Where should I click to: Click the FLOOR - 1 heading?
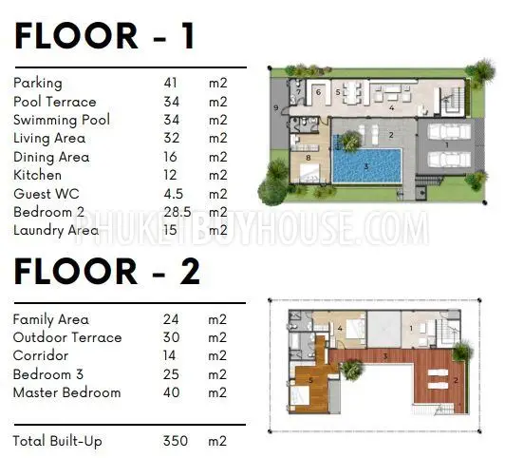pyautogui.click(x=104, y=35)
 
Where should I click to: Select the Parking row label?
pyautogui.click(x=38, y=84)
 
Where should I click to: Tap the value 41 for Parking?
pyautogui.click(x=170, y=83)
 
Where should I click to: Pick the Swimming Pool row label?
pyautogui.click(x=62, y=120)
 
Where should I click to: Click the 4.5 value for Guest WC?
pyautogui.click(x=174, y=194)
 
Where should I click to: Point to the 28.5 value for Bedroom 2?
pyautogui.click(x=178, y=212)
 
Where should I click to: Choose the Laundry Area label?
pyautogui.click(x=56, y=231)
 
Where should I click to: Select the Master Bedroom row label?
pyautogui.click(x=67, y=392)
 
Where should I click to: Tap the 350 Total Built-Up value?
pyautogui.click(x=176, y=441)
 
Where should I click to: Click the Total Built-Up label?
pyautogui.click(x=57, y=441)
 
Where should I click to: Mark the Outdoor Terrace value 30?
pyautogui.click(x=171, y=337)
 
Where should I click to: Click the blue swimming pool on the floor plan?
pyautogui.click(x=366, y=165)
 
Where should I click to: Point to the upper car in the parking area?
pyautogui.click(x=449, y=131)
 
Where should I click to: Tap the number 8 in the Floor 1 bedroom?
pyautogui.click(x=309, y=158)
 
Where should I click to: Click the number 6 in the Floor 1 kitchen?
pyautogui.click(x=318, y=92)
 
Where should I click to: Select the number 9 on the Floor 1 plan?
pyautogui.click(x=275, y=107)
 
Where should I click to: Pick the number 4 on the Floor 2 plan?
pyautogui.click(x=340, y=329)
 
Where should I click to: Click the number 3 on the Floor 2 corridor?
pyautogui.click(x=385, y=356)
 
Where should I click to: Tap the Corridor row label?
pyautogui.click(x=41, y=355)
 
